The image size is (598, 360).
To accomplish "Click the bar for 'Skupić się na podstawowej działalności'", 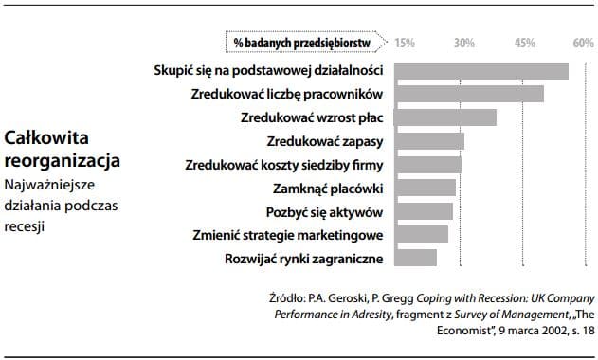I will (x=480, y=71).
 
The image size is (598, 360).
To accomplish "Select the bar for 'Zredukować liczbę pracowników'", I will (x=468, y=94).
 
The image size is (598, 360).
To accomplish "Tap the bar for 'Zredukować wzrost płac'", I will (x=444, y=117).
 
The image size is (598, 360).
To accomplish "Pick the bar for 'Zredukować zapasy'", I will (x=428, y=141).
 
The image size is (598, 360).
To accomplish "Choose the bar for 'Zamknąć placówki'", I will (x=424, y=188).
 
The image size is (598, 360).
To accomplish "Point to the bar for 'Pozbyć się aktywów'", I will (x=423, y=210).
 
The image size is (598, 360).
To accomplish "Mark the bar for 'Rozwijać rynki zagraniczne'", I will (x=415, y=258).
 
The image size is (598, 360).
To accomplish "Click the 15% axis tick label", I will (x=404, y=43).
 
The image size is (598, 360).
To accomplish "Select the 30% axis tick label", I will (x=464, y=43).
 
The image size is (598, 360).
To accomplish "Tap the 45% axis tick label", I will (x=524, y=43).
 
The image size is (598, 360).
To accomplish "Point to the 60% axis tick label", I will (x=583, y=43).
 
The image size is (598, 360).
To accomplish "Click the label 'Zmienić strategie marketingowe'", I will (x=287, y=234).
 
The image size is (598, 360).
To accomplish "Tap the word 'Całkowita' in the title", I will (x=41, y=137).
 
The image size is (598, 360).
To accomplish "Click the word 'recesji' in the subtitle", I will (x=26, y=226).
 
